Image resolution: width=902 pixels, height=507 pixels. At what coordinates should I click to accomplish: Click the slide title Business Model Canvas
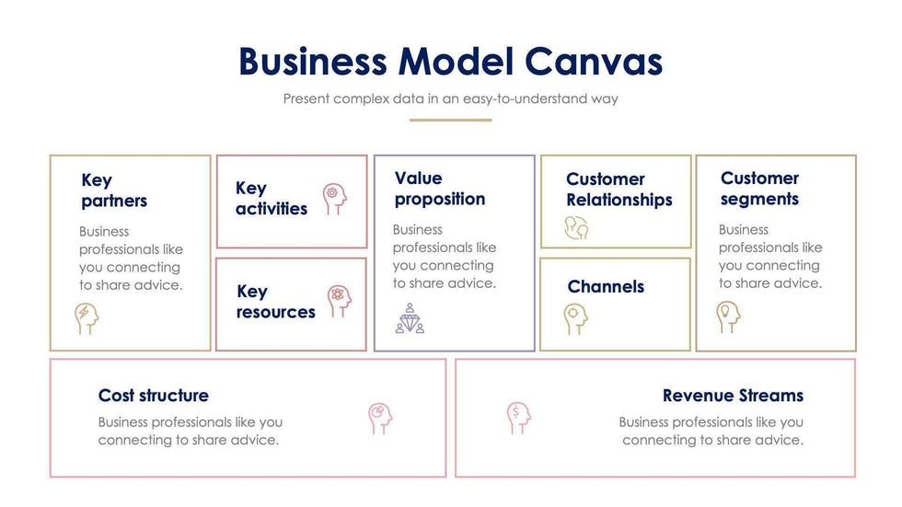click(x=450, y=62)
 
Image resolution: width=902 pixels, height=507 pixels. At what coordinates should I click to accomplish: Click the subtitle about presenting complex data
click(x=450, y=98)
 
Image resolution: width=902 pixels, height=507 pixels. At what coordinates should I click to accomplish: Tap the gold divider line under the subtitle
click(x=450, y=120)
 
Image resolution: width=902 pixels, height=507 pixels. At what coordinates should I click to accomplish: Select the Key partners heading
click(x=114, y=190)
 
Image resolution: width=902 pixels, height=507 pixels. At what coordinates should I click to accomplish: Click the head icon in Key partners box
click(x=87, y=318)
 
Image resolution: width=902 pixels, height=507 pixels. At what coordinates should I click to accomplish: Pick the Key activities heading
click(x=271, y=199)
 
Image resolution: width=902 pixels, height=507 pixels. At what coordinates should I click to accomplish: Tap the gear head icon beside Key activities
click(x=336, y=198)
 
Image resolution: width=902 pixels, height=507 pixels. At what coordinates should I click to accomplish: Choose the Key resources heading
click(x=275, y=302)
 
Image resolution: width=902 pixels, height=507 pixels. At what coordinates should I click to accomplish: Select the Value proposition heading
click(x=439, y=189)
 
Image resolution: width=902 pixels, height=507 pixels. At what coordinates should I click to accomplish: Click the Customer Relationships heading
click(x=619, y=190)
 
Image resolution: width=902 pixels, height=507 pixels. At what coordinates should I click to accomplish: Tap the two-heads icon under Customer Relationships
click(x=577, y=228)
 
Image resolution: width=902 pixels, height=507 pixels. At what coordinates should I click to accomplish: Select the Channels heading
click(x=606, y=286)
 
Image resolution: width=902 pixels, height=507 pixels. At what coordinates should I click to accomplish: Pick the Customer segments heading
click(x=759, y=189)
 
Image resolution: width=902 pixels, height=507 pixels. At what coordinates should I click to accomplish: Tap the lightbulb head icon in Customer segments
click(x=728, y=317)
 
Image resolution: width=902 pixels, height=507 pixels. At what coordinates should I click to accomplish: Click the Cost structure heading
click(x=153, y=396)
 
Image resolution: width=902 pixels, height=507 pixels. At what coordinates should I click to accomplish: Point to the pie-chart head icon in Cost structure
click(x=379, y=418)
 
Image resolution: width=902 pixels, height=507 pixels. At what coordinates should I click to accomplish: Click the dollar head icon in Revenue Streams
click(x=518, y=418)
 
